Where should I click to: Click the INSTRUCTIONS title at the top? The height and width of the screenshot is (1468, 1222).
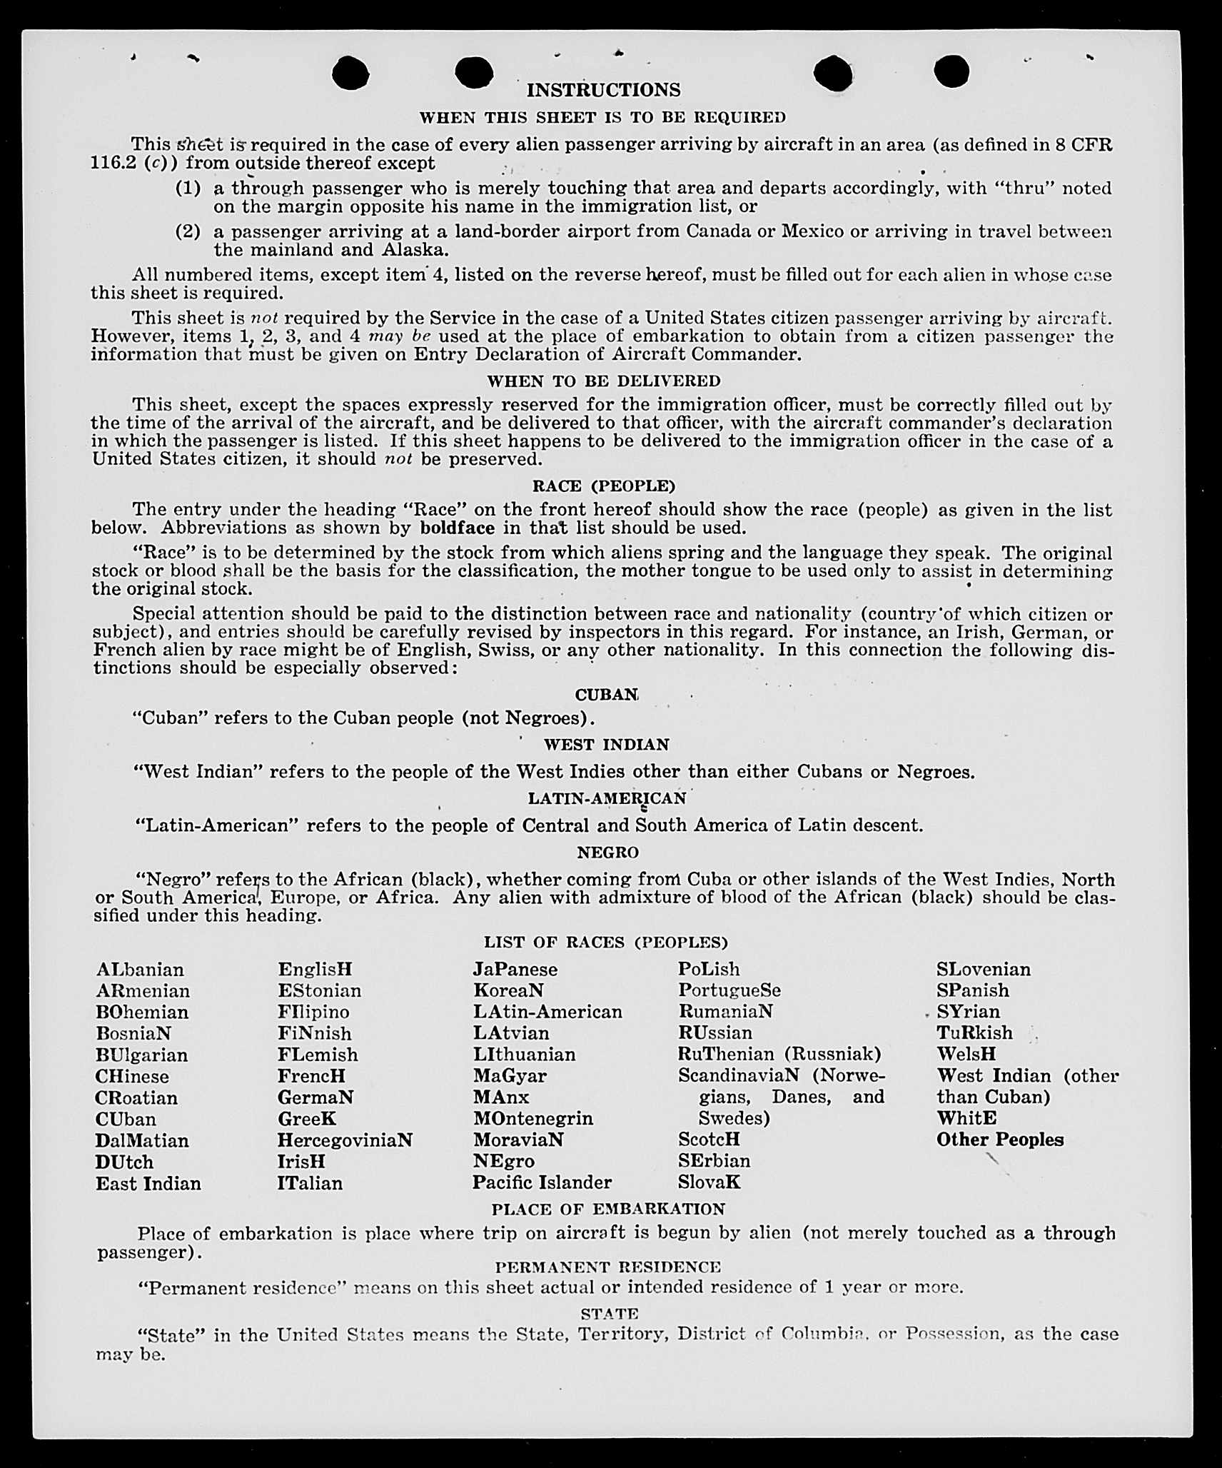(603, 90)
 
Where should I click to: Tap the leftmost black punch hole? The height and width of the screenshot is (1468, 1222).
(350, 74)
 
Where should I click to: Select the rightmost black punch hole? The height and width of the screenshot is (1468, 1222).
(951, 71)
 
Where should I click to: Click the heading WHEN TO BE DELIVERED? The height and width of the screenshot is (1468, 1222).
(603, 381)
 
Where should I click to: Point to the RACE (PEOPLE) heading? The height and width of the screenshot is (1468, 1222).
(603, 486)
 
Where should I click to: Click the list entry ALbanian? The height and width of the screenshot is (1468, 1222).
(140, 970)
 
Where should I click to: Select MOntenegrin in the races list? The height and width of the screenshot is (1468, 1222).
(532, 1118)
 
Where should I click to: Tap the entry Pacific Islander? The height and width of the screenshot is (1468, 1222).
(542, 1182)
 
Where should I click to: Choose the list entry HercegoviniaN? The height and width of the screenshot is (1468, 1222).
(345, 1140)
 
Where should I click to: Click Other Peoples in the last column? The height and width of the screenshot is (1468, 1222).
(999, 1140)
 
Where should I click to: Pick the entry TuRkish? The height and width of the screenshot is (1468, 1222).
(974, 1033)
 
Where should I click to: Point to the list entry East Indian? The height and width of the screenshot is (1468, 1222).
(148, 1184)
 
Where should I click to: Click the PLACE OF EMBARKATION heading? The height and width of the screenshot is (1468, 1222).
(608, 1210)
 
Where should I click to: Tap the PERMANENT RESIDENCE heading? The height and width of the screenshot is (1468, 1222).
(608, 1267)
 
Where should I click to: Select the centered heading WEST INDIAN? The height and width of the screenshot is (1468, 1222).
(606, 745)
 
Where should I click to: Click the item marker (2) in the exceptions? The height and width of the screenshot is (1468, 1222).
(188, 232)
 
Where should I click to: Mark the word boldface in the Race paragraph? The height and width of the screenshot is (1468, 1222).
(457, 528)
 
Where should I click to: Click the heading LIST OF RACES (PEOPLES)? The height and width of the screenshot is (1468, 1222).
(605, 942)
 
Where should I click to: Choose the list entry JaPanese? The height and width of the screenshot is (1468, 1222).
(515, 970)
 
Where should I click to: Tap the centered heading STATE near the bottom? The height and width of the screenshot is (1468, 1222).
(609, 1314)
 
